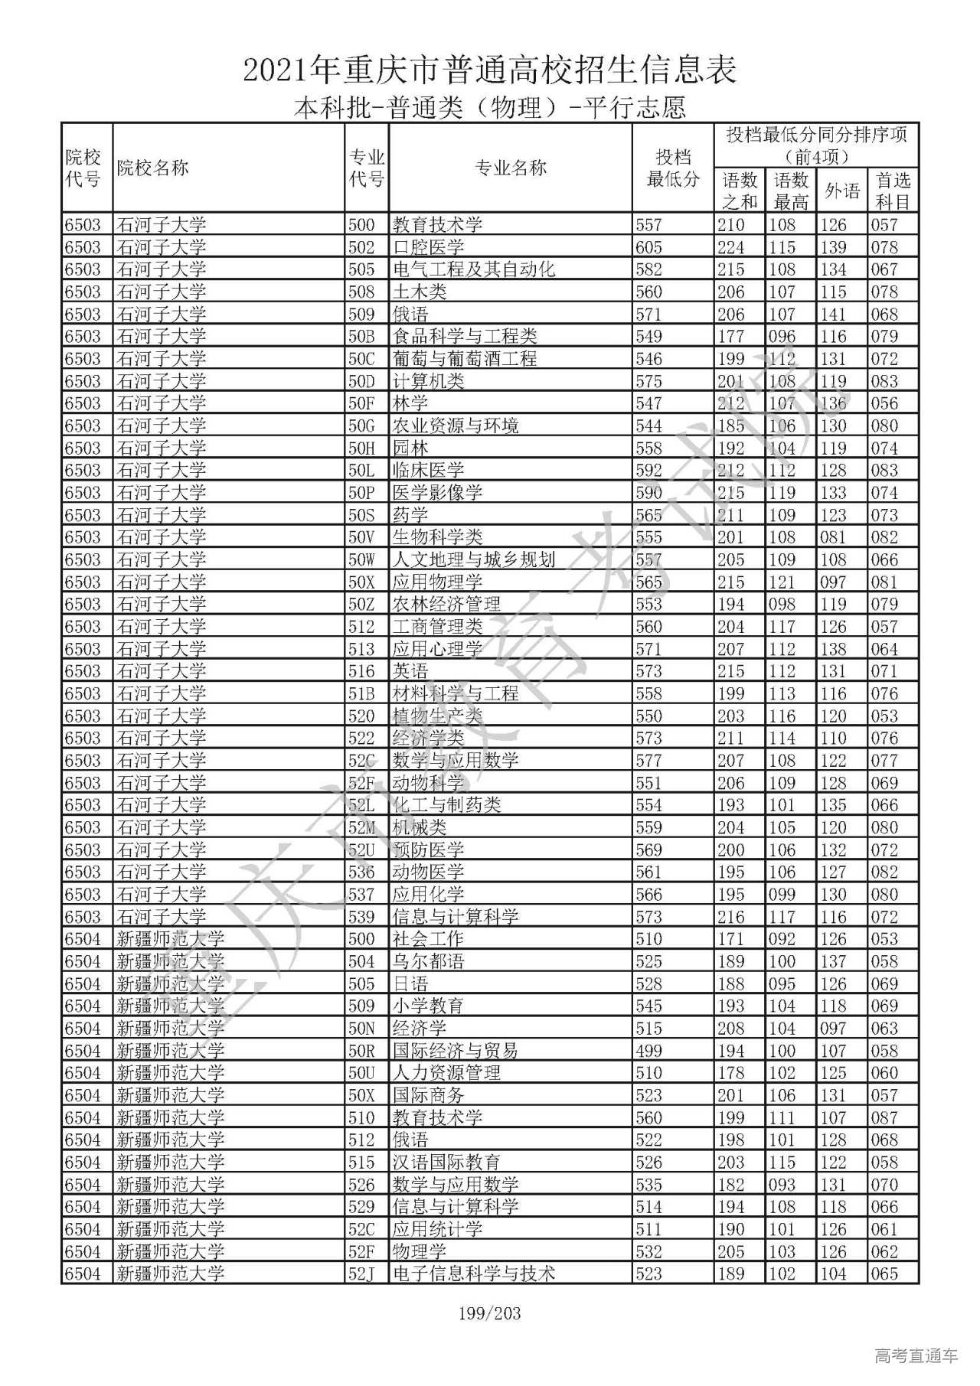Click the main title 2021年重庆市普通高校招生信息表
490,70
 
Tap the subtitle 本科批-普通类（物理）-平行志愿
490,107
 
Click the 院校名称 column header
152,168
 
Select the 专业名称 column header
511,168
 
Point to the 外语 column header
842,191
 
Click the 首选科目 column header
893,191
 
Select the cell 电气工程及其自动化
474,269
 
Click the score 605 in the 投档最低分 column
648,247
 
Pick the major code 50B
361,336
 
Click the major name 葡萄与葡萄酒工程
465,358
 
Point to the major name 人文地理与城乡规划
474,559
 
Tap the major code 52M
362,827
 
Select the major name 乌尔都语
429,961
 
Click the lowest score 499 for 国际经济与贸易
648,1051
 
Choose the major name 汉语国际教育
446,1162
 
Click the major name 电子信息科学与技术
474,1273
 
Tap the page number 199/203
490,1313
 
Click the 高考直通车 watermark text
916,1355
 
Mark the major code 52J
361,1273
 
